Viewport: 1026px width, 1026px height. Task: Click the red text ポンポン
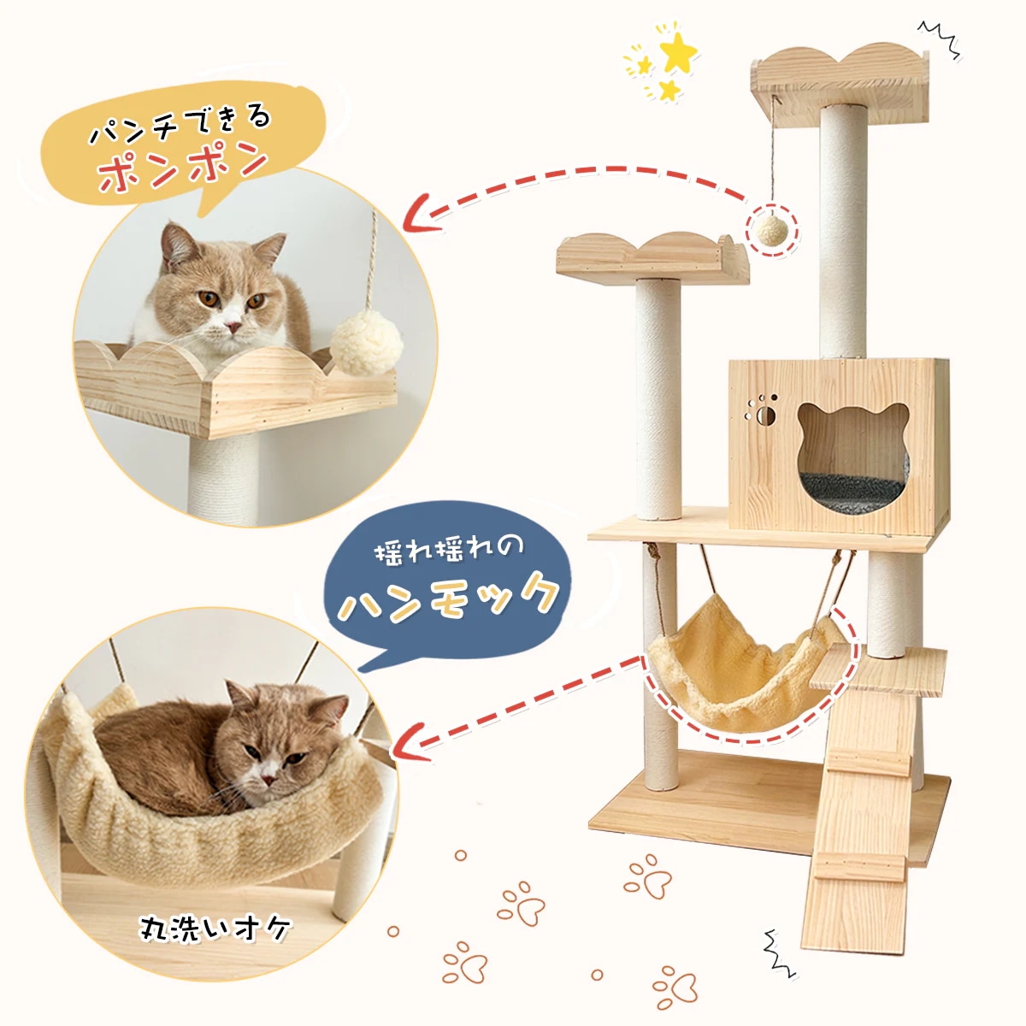point(183,168)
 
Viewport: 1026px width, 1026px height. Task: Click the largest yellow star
point(679,53)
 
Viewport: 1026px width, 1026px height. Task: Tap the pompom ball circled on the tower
point(772,229)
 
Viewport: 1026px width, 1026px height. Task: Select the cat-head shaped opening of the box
point(852,453)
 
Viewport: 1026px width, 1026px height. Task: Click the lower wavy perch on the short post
point(650,257)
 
